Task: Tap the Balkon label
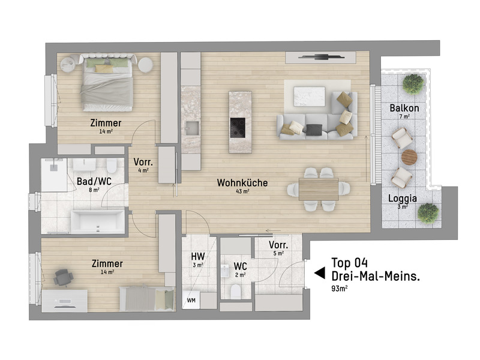pos(404,108)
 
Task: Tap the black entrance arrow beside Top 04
pos(319,273)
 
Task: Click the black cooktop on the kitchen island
pos(238,127)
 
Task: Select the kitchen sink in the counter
pos(192,127)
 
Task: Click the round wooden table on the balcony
pos(409,157)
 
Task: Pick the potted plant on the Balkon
pos(413,83)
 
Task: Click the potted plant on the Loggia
pos(428,212)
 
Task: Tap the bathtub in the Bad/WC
pos(98,221)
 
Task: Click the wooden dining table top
pos(318,189)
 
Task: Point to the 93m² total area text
pos(340,289)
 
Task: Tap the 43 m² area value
pos(243,193)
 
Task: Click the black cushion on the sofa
pos(313,128)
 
